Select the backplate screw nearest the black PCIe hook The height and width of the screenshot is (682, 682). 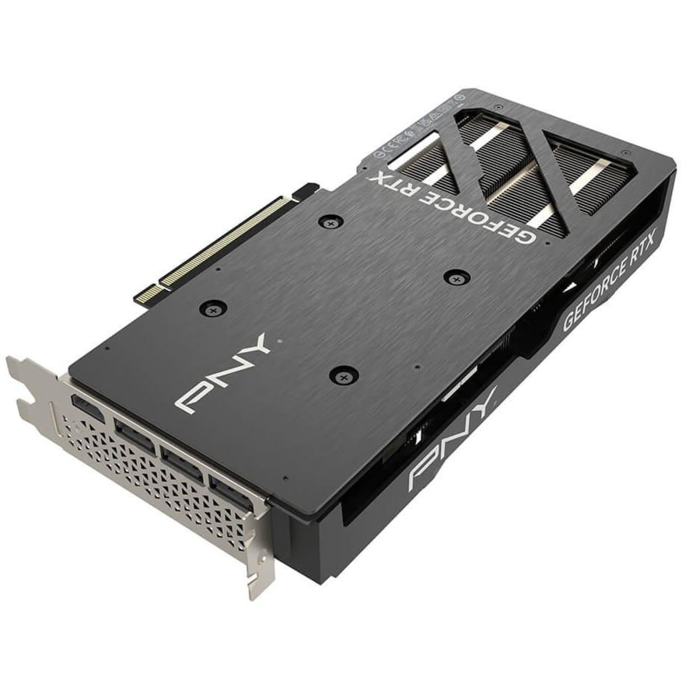click(330, 222)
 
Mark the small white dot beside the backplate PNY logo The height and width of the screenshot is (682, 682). click(278, 341)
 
